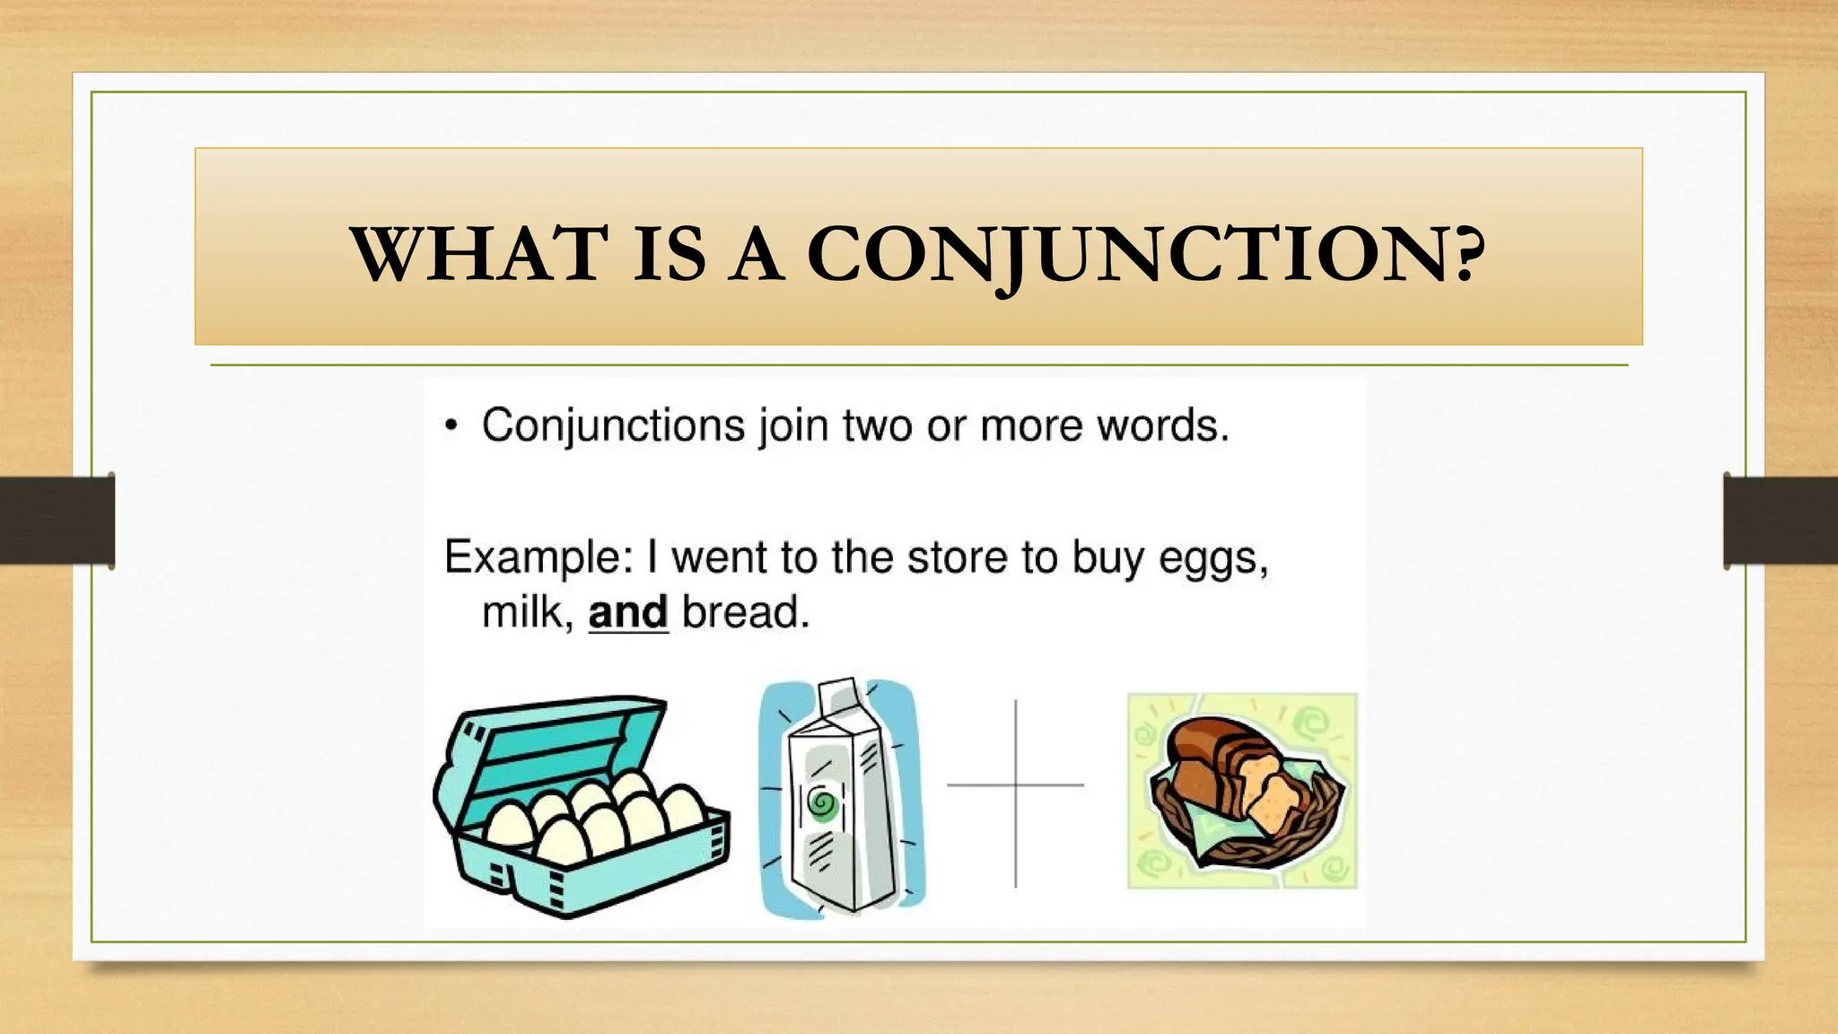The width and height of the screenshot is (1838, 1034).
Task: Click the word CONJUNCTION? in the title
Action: tap(1146, 255)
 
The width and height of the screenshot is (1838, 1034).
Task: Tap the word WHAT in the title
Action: tap(478, 255)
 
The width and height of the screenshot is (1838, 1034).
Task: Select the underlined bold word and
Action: tap(628, 613)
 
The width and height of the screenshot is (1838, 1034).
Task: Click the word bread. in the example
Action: tap(746, 613)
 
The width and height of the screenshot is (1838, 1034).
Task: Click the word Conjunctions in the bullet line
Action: tap(613, 425)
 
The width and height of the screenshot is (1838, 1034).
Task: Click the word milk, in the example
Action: tap(527, 613)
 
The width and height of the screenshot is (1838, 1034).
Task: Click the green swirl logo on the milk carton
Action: tap(821, 803)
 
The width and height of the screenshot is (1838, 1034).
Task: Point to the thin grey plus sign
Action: tap(1016, 785)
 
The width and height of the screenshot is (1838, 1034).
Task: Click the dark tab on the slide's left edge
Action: tap(57, 521)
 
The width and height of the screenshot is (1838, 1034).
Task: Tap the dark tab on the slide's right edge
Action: tap(1781, 521)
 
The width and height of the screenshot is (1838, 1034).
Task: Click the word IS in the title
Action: tap(669, 255)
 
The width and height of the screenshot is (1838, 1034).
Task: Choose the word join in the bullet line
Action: tap(792, 425)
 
